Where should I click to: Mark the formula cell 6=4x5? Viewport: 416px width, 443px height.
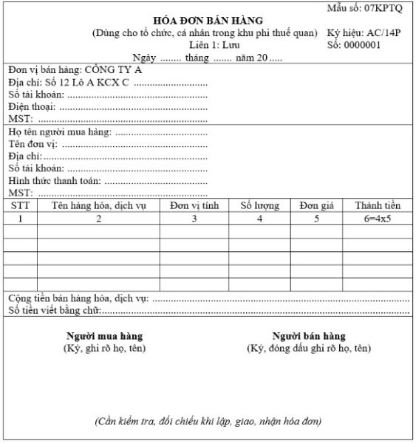click(377, 219)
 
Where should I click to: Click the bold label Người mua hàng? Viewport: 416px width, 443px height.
click(104, 335)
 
